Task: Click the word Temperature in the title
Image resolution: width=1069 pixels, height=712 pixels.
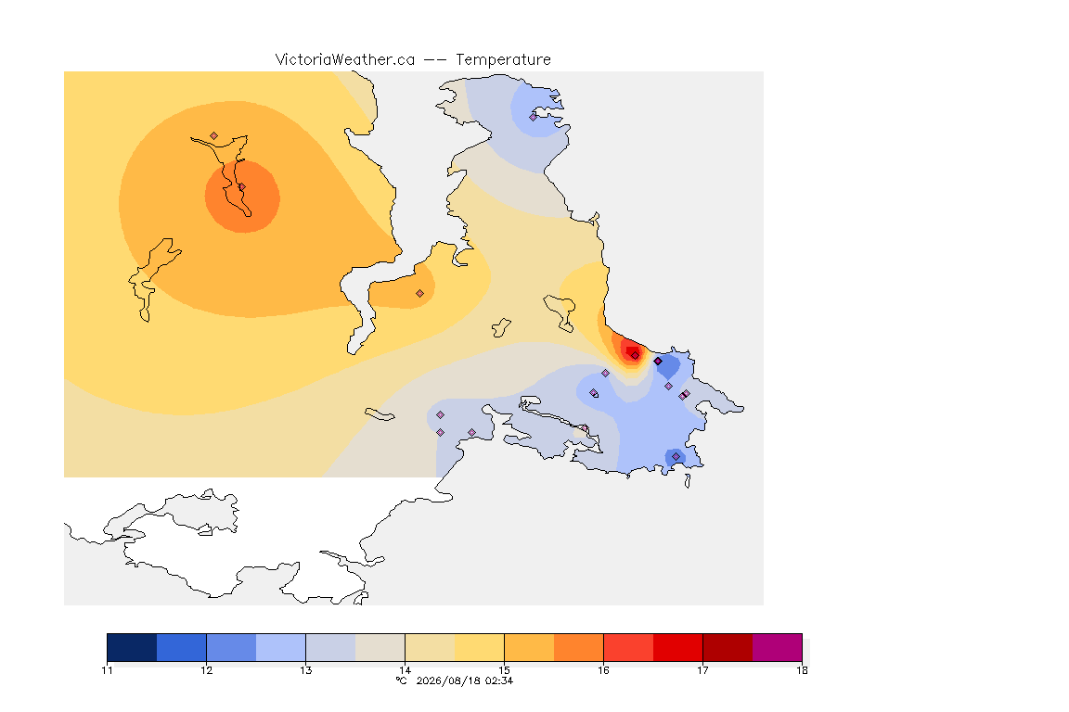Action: (x=503, y=60)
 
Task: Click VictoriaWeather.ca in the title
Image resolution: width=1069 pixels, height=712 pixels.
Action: (x=345, y=60)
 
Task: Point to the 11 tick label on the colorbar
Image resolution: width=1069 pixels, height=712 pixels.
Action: (x=107, y=670)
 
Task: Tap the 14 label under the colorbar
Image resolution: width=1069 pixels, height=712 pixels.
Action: (x=405, y=670)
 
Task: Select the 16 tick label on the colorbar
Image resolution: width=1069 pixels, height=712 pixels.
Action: (x=603, y=670)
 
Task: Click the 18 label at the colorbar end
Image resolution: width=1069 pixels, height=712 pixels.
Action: (x=802, y=670)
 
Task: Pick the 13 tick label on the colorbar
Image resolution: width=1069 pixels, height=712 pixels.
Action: (x=305, y=670)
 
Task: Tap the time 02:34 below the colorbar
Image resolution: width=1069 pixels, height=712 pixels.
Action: (x=499, y=680)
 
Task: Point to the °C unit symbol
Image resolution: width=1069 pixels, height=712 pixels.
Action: (x=401, y=680)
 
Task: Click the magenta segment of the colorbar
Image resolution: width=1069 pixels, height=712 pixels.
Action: (x=778, y=647)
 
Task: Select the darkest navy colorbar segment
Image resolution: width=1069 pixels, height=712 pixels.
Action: (x=133, y=647)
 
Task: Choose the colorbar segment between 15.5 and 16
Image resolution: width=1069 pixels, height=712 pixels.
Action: (x=579, y=647)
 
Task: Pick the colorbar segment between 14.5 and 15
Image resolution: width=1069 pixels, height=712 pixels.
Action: (x=479, y=647)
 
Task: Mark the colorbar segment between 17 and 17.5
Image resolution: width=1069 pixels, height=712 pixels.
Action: (x=728, y=647)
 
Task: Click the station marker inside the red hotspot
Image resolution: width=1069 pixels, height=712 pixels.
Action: (x=635, y=356)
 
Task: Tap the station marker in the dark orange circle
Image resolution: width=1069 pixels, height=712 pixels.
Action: (x=241, y=187)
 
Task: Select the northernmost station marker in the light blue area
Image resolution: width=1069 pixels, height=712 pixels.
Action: (x=534, y=117)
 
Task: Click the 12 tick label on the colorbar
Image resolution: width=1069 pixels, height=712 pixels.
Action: (x=207, y=670)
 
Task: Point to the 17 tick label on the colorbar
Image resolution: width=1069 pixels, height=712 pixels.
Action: (x=702, y=670)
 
